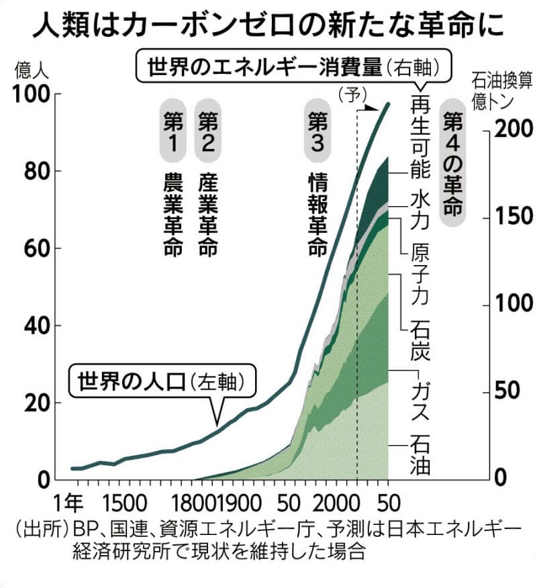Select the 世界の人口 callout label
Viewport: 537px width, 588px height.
pos(158,383)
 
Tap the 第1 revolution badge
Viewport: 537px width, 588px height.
pos(173,131)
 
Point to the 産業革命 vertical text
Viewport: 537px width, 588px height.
pos(207,215)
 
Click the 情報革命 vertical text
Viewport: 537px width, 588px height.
pos(317,215)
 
